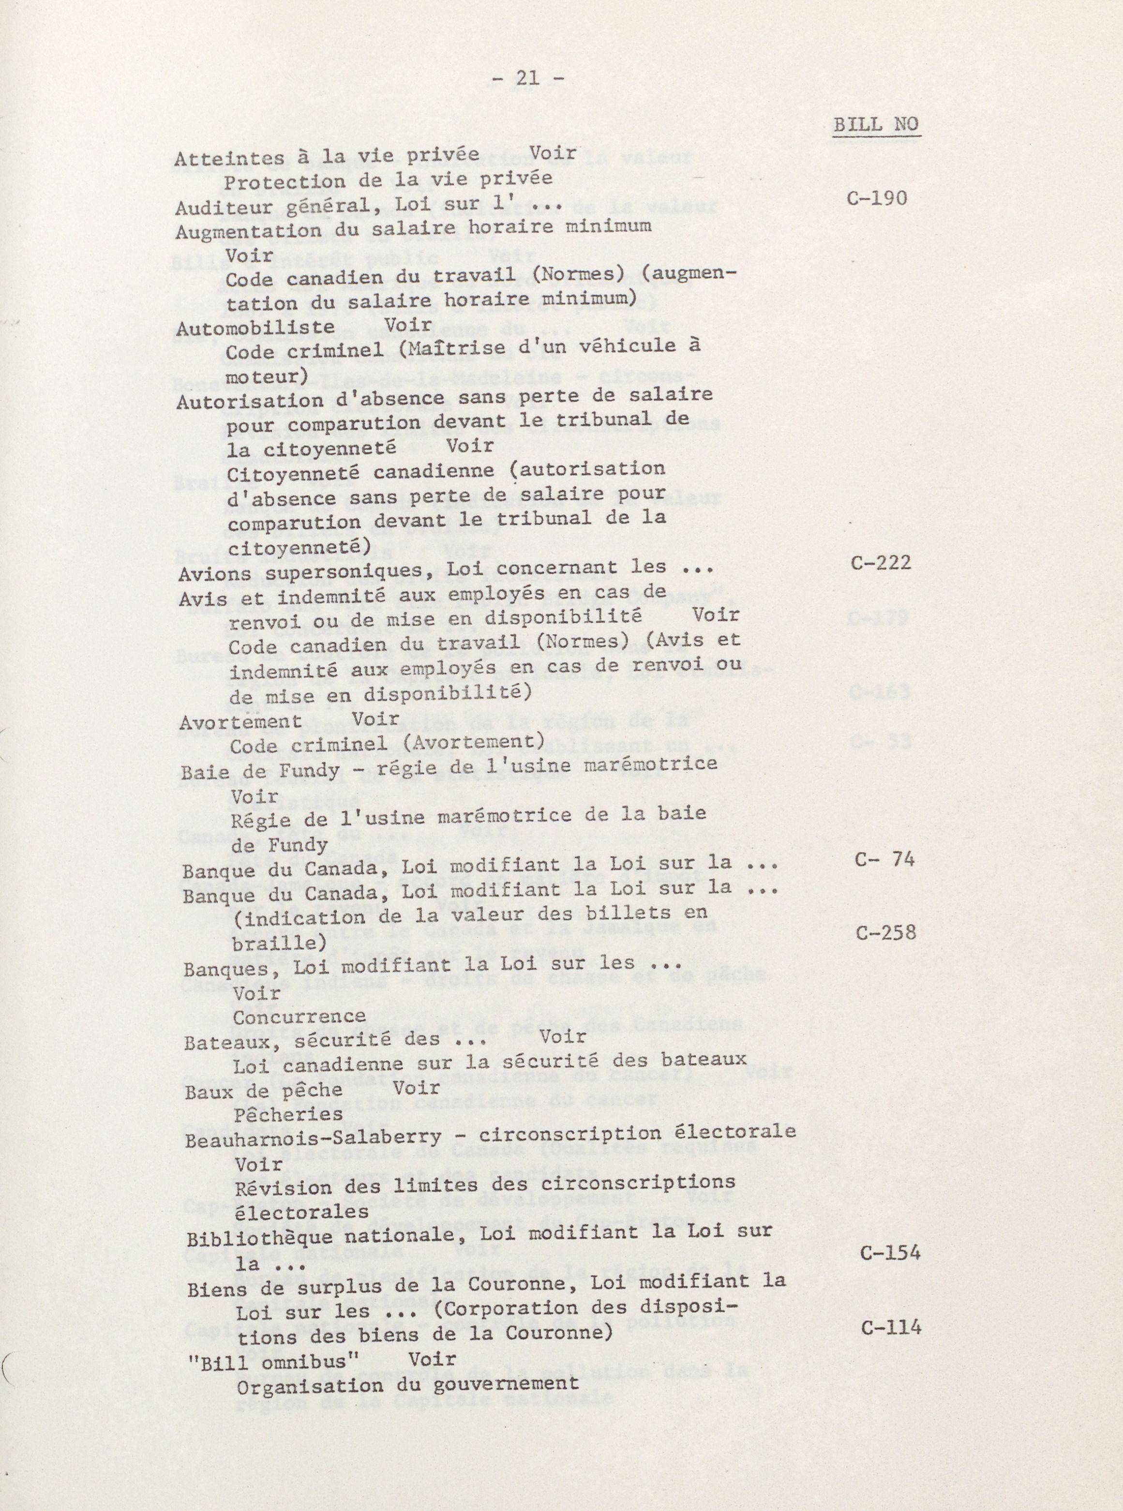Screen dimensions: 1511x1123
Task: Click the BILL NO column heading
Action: [x=876, y=125]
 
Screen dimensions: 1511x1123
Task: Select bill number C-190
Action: [x=878, y=198]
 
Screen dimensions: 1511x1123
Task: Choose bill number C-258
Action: [x=886, y=932]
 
